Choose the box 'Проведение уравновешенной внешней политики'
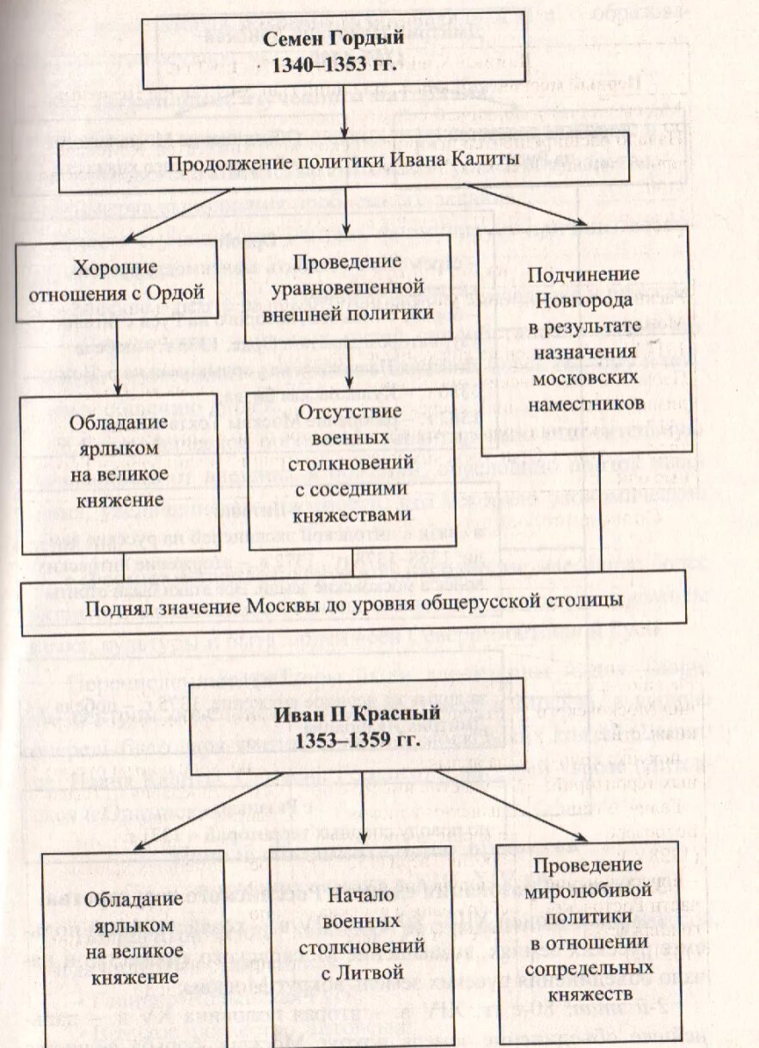click(346, 287)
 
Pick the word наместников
click(585, 403)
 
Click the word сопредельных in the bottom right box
click(587, 969)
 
